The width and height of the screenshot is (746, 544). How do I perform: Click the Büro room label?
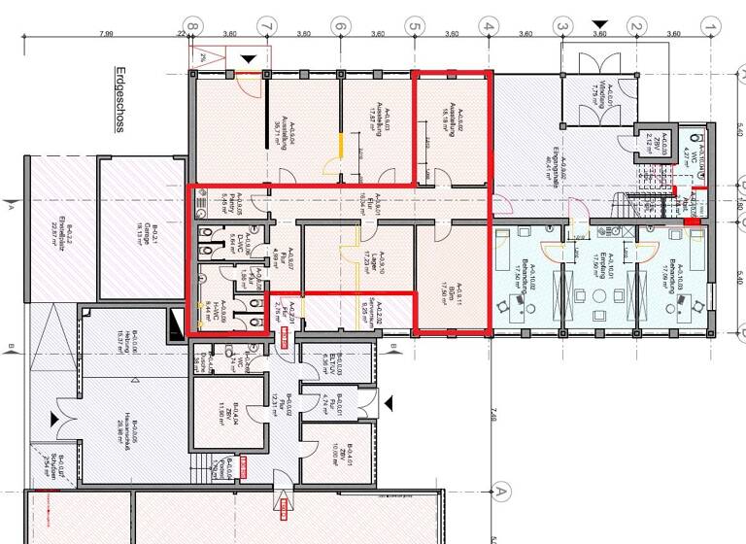(453, 289)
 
